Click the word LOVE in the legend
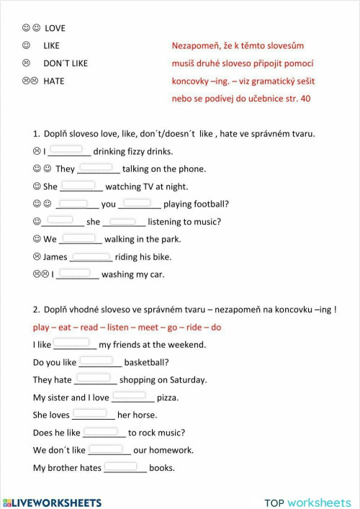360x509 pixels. point(55,28)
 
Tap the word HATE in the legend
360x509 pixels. point(53,81)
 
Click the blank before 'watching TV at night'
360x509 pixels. point(79,185)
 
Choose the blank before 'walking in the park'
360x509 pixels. point(78,238)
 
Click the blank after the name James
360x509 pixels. point(91,256)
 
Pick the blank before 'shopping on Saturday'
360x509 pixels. point(93,378)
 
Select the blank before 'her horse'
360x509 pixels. point(90,413)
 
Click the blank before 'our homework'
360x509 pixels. point(107,449)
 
